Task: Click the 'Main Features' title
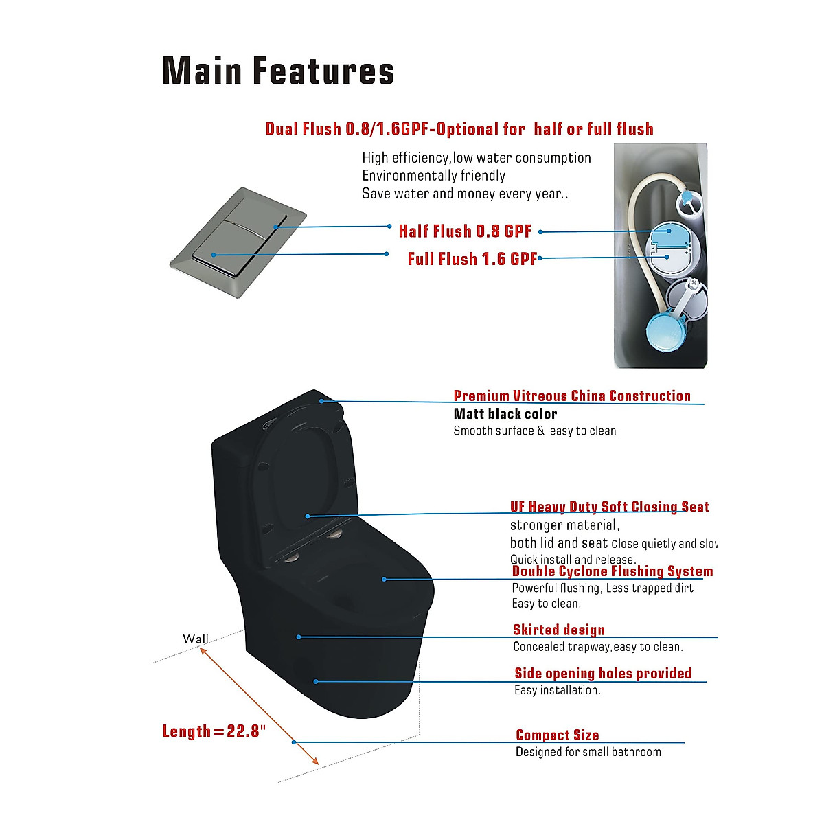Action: point(278,71)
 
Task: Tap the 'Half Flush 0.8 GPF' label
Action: point(465,231)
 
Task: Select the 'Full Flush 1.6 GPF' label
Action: point(472,259)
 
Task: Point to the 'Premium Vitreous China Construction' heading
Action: point(572,396)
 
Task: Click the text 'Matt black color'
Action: point(505,414)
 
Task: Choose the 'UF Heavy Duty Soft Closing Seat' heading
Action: point(609,507)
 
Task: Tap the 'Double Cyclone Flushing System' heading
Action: point(612,571)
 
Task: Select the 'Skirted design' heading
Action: point(559,630)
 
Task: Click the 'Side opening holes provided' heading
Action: point(603,673)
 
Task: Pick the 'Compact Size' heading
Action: point(557,735)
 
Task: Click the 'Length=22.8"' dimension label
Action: point(214,731)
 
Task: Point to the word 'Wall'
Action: point(196,639)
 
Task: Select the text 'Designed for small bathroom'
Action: point(588,752)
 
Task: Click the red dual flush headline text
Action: point(459,129)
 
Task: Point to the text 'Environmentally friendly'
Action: point(433,176)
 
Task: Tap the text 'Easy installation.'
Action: point(557,690)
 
